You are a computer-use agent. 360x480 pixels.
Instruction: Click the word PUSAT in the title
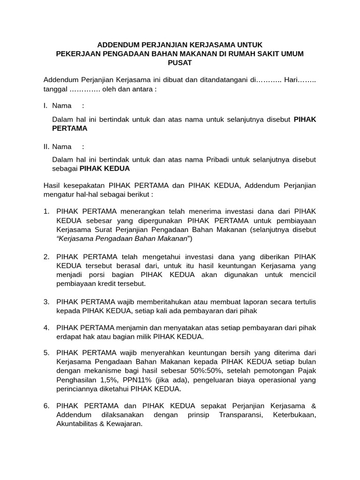tap(180, 62)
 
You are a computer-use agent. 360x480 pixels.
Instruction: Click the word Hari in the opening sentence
tap(293, 80)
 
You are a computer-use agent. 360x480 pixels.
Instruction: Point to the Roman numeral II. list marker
tap(46, 146)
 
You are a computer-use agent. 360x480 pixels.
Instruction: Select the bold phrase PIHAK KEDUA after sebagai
tap(105, 168)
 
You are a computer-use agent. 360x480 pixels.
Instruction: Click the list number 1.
tap(46, 212)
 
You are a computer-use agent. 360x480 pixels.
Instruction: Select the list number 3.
tap(46, 301)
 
